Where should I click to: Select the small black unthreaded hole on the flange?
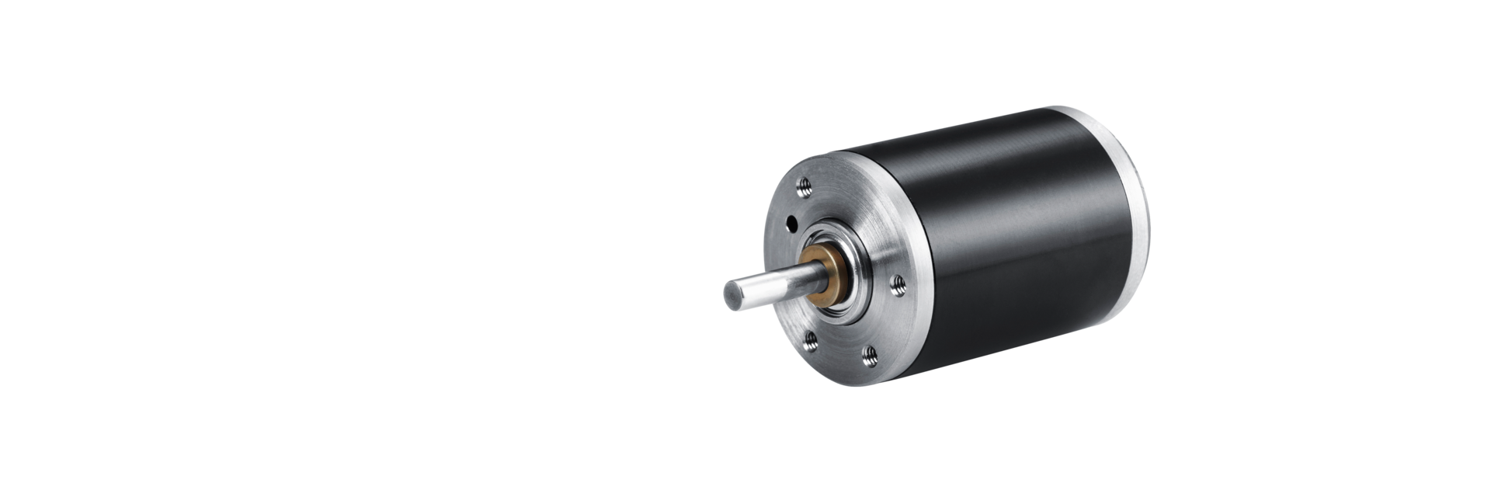tap(791, 223)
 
